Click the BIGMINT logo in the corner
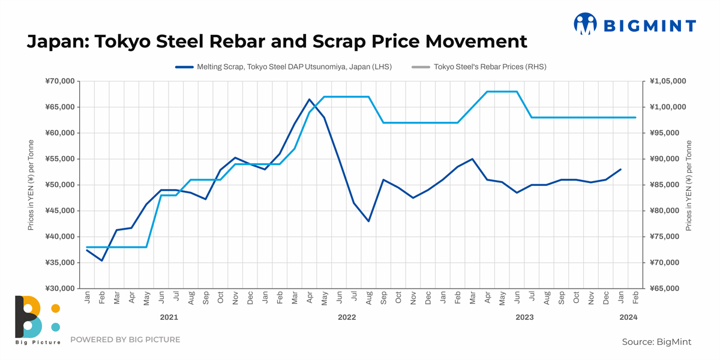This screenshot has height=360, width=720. (635, 25)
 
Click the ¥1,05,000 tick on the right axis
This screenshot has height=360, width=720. (667, 81)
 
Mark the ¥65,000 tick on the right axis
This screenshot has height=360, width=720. (665, 289)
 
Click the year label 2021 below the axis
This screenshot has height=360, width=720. (169, 317)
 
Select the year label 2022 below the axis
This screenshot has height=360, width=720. (347, 317)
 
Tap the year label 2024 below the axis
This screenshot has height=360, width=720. (628, 317)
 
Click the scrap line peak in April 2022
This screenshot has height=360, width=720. (310, 99)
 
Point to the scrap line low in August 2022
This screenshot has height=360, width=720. (368, 221)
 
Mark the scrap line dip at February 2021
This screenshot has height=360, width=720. (102, 260)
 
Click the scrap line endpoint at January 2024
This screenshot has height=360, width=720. (620, 169)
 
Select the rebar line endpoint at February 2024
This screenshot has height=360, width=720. (635, 118)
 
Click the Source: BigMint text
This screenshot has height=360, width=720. (656, 341)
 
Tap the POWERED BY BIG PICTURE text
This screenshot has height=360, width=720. (125, 340)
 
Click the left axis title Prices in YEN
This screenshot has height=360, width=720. (31, 185)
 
